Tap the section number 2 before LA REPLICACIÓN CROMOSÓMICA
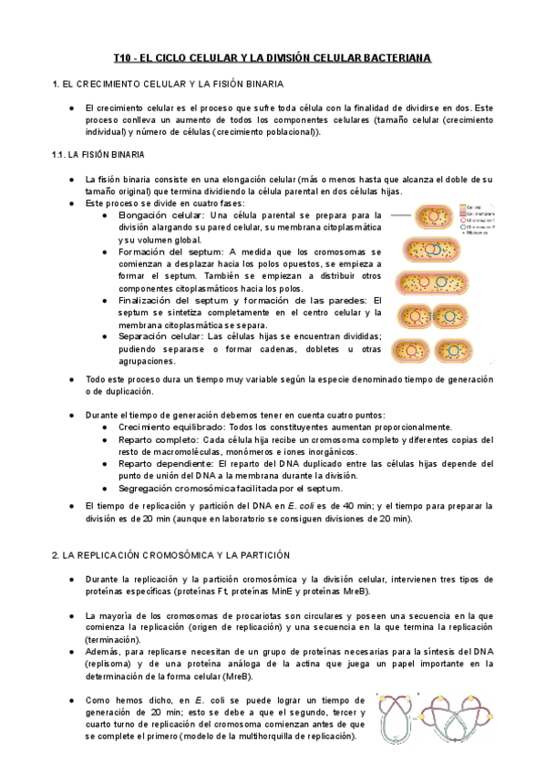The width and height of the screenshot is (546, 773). point(55,554)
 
